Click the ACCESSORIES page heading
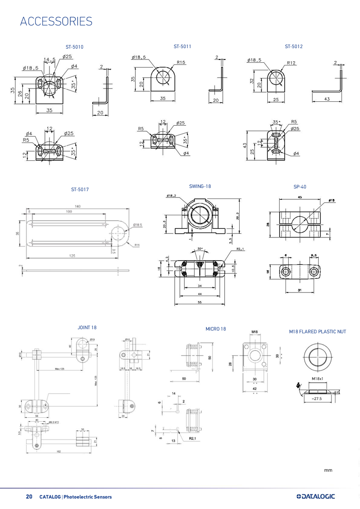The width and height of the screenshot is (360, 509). tap(56, 21)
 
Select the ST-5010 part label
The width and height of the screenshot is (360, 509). tap(75, 47)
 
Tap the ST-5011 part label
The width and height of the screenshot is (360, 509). tap(182, 46)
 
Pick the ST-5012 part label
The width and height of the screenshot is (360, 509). tap(294, 46)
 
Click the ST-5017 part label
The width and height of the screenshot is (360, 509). tap(79, 189)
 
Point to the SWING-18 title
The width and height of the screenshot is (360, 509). tap(200, 186)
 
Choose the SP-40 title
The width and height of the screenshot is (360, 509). tap(300, 187)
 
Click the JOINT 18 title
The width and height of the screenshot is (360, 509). tap(87, 327)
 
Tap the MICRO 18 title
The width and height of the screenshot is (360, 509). tap(216, 329)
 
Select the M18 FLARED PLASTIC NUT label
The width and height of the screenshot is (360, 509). tap(317, 332)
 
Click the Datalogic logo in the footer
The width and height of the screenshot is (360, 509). tap(315, 496)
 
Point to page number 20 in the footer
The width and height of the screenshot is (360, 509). tap(29, 497)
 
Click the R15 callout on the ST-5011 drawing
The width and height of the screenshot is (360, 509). tap(181, 63)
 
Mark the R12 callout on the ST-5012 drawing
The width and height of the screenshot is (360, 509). tap(291, 63)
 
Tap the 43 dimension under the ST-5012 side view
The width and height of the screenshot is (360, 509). tap(327, 99)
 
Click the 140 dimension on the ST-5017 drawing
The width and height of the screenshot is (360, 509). tap(78, 207)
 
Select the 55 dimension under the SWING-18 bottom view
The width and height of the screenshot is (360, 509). tap(200, 302)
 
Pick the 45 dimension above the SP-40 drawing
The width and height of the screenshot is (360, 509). tap(300, 198)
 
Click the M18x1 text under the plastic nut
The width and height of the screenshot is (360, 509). tap(317, 378)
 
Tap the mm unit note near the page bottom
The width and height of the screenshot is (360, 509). tap(328, 470)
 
